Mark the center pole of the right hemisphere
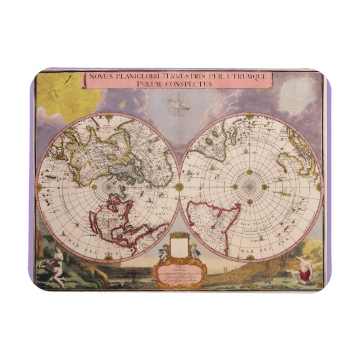point(249,187)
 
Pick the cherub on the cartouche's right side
point(196,251)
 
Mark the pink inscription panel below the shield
point(179,271)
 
